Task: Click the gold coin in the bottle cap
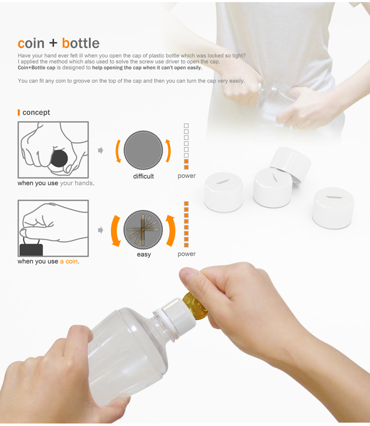[x=196, y=307]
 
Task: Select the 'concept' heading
[x=36, y=113]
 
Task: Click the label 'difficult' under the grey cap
[x=143, y=176]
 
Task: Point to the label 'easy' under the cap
[x=144, y=254]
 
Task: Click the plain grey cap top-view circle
[x=143, y=149]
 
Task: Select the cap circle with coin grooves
[x=143, y=229]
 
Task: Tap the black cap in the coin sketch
[x=31, y=248]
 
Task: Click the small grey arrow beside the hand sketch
[x=100, y=151]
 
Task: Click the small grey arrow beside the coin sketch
[x=100, y=230]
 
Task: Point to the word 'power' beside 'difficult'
[x=187, y=176]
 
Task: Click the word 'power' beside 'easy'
[x=187, y=254]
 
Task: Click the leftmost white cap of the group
[x=224, y=191]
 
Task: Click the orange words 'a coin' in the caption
[x=69, y=262]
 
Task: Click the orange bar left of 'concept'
[x=19, y=113]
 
